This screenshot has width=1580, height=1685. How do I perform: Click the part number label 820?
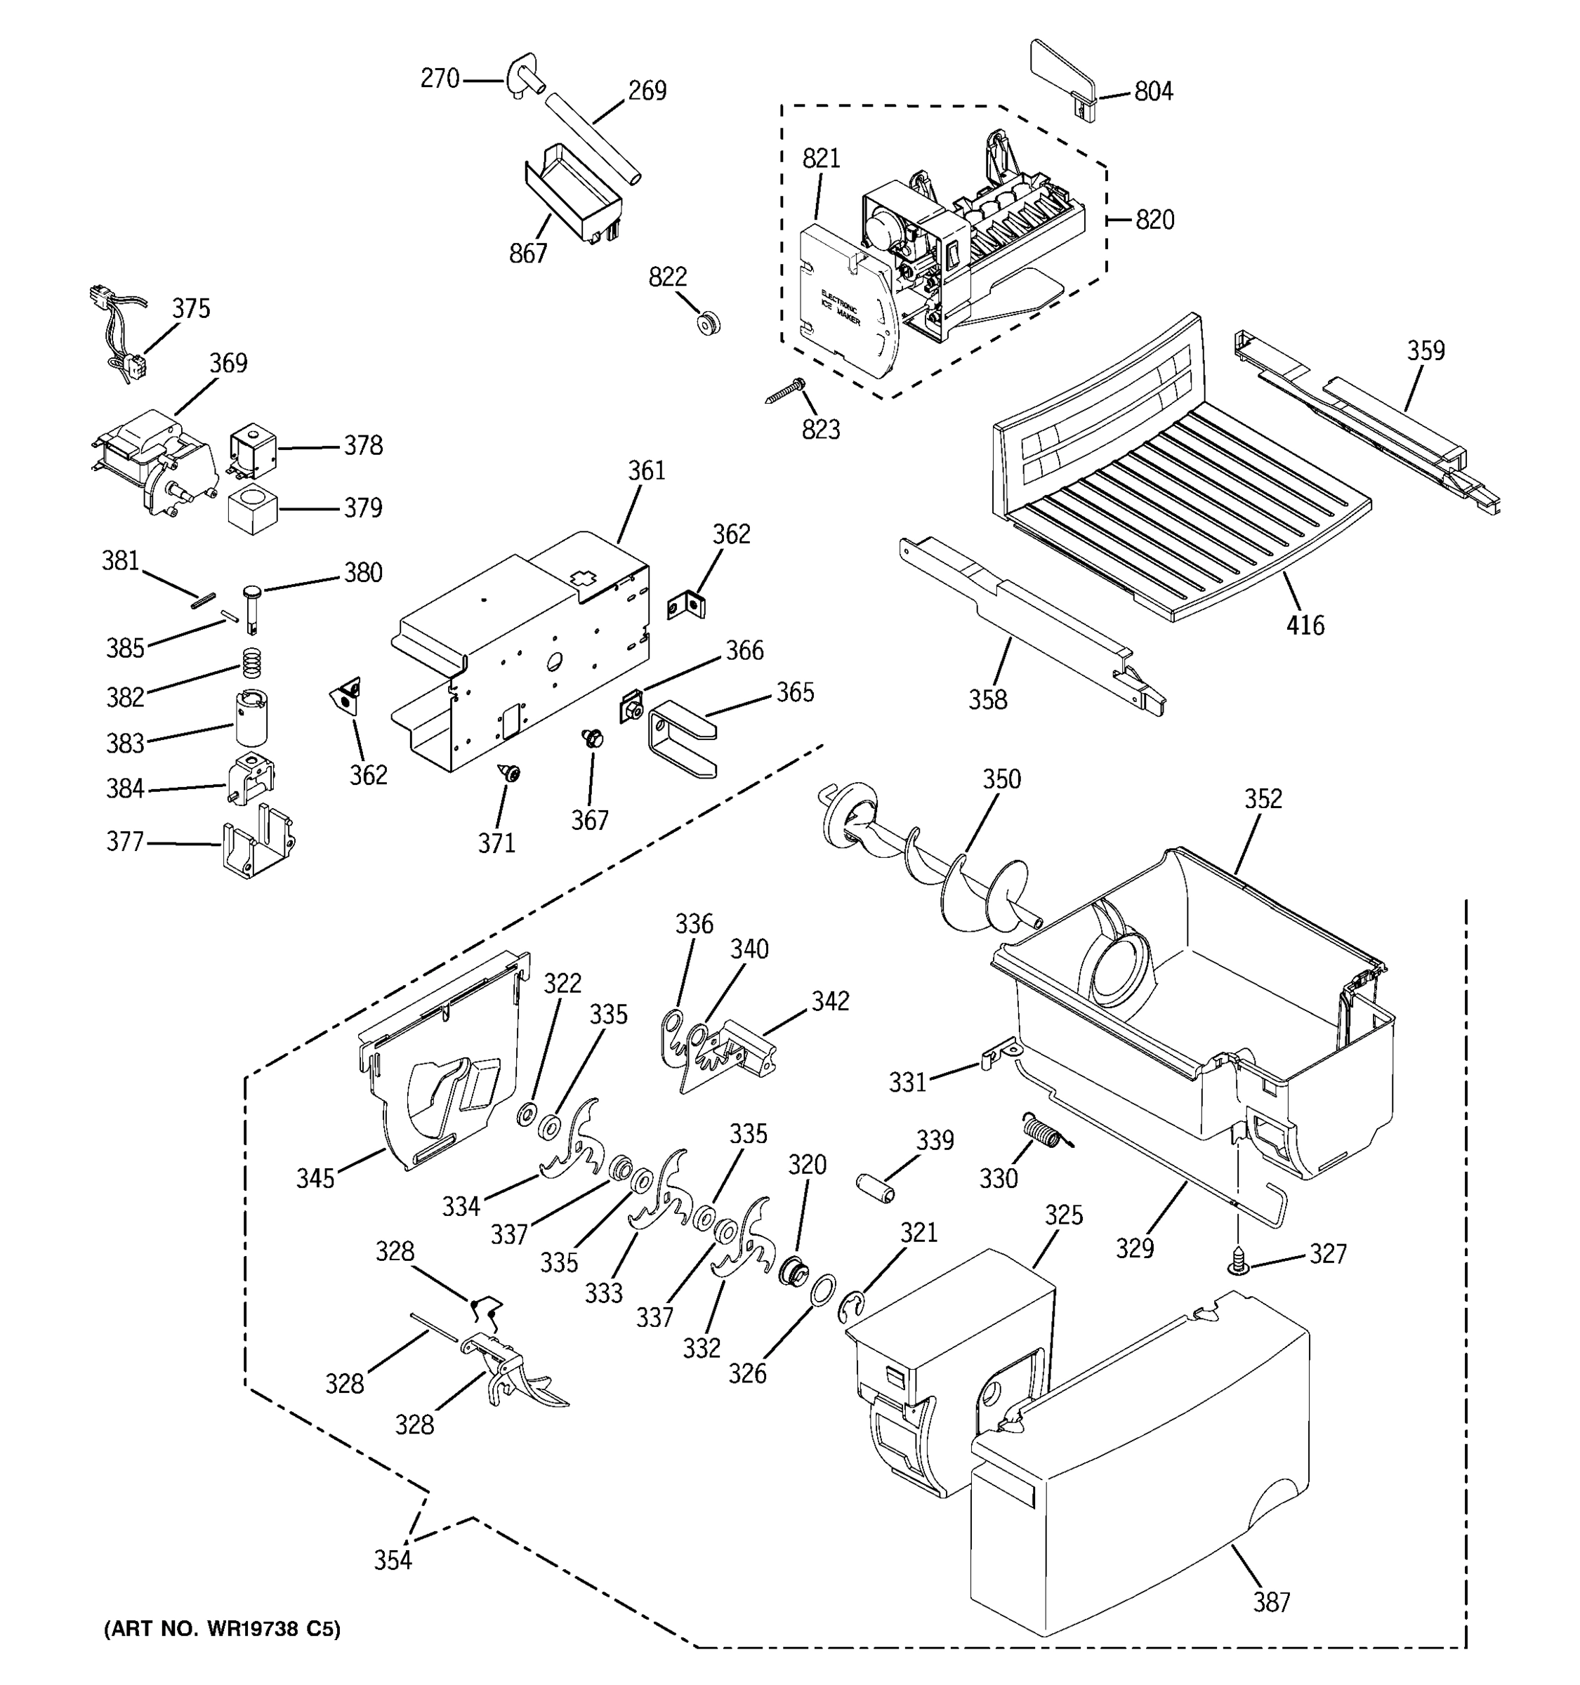pos(1154,220)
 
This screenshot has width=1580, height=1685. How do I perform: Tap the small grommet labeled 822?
pos(708,323)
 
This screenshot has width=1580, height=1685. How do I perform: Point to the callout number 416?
pos(1305,626)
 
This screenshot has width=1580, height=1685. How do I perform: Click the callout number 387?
pos(1272,1602)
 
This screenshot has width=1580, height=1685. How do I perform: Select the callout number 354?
pos(393,1559)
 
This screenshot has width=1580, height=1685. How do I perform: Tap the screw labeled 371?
pos(511,772)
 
